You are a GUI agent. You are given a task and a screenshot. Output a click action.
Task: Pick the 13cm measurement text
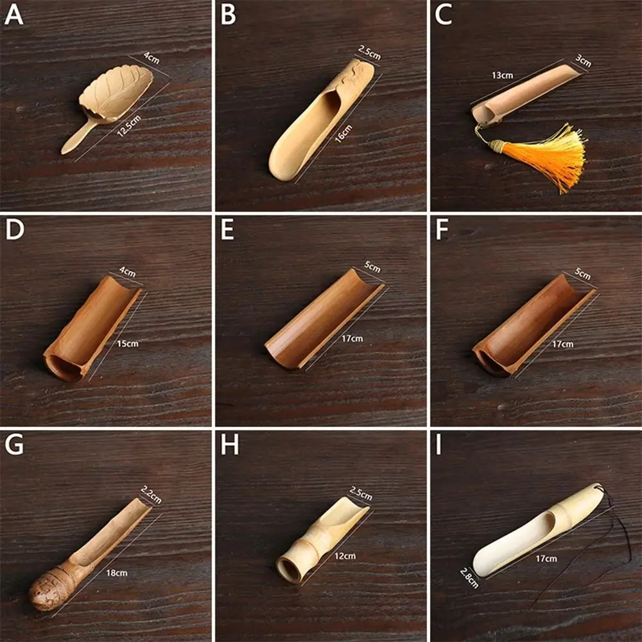coord(502,75)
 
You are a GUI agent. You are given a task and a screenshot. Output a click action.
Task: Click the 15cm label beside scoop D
coord(127,343)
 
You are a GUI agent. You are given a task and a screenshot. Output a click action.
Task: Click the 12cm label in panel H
coord(345,555)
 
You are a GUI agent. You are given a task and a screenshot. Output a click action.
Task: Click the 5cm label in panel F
coord(583,275)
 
